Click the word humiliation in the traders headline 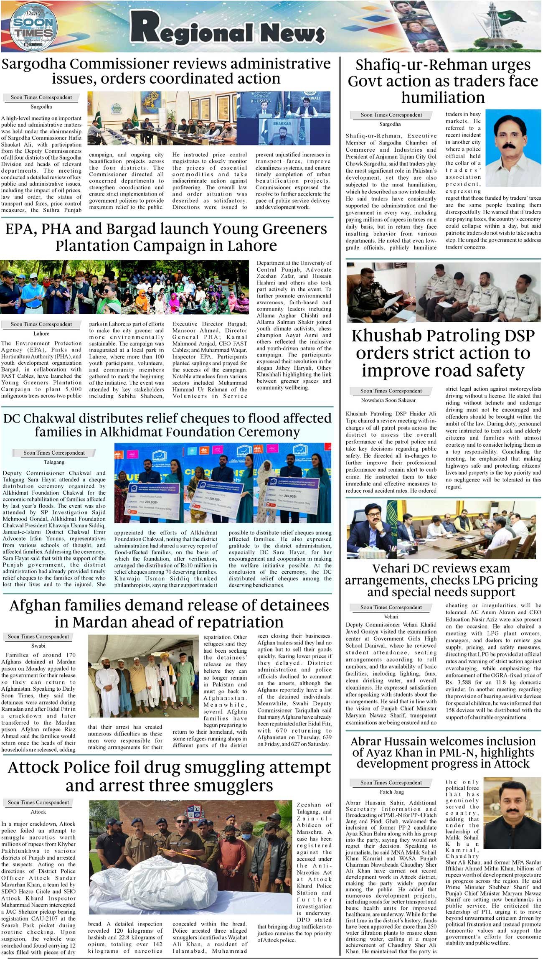[x=443, y=97]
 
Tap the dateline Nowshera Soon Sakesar [x=388, y=400]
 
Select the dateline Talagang [x=54, y=462]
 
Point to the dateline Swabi [x=38, y=646]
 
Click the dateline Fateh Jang [x=391, y=792]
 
